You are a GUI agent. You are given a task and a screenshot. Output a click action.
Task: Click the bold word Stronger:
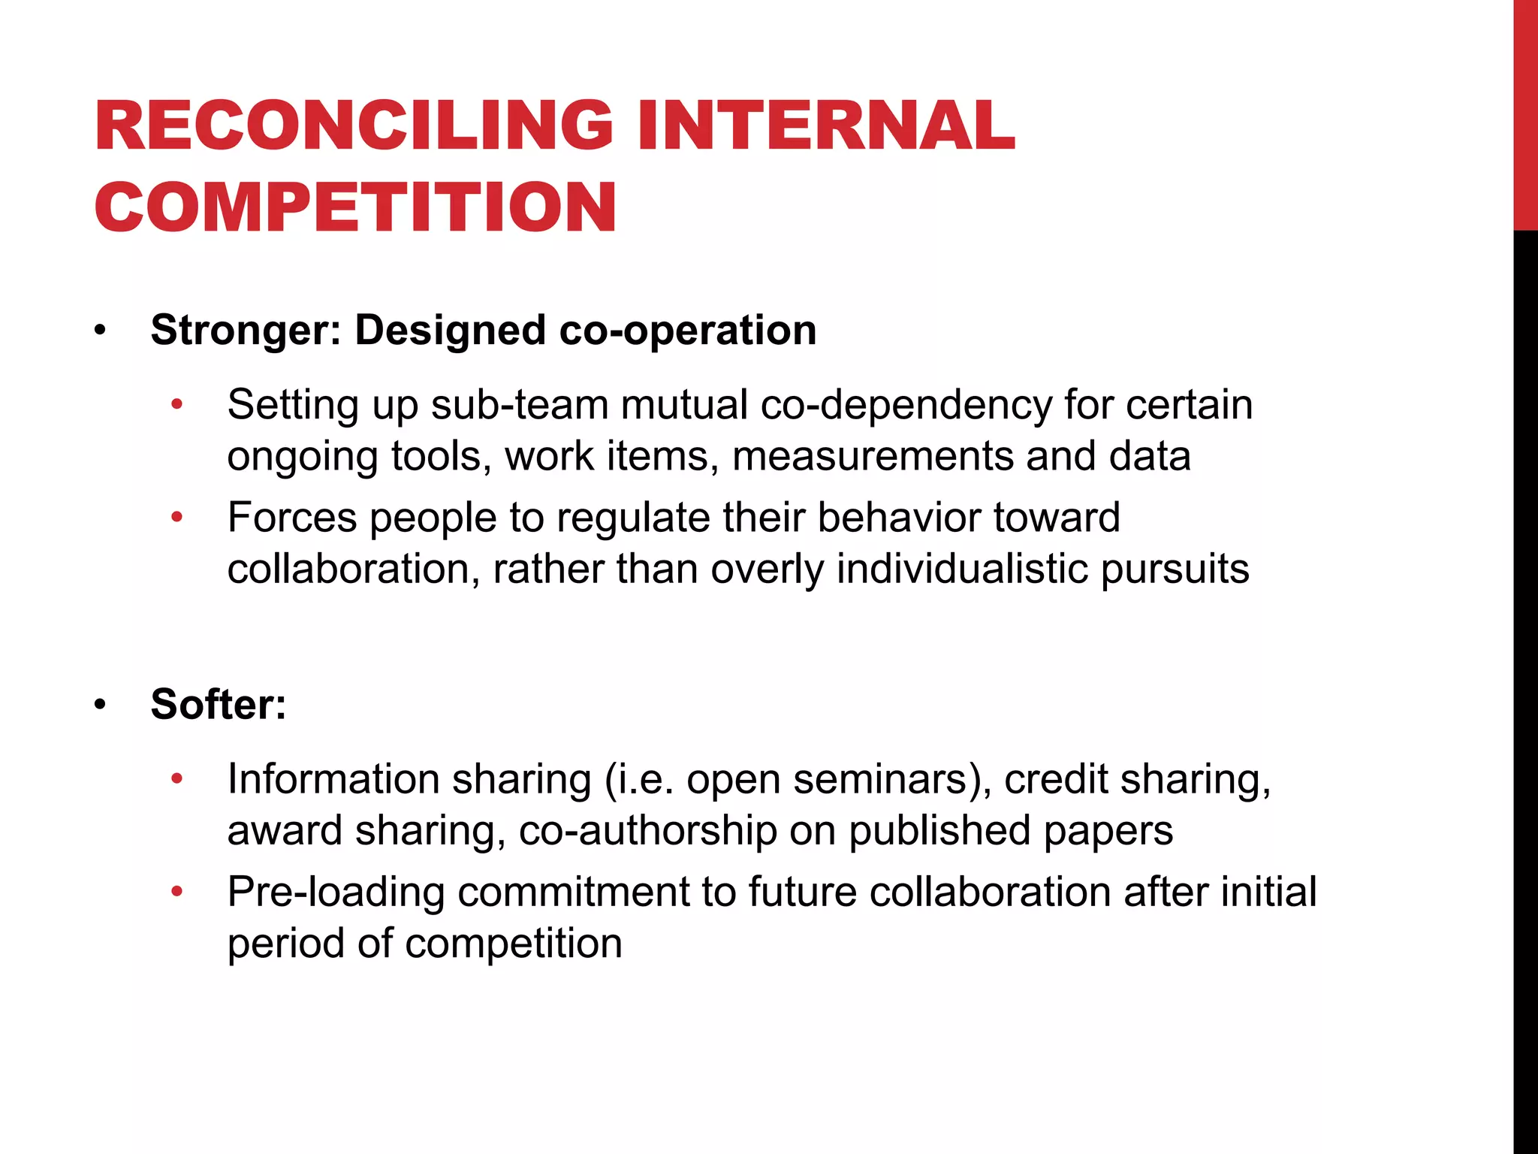point(246,331)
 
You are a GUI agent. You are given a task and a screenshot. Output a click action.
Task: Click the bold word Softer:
point(219,705)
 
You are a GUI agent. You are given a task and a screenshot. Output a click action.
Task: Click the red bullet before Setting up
point(177,405)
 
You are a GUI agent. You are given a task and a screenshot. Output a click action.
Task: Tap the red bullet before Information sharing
point(177,779)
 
